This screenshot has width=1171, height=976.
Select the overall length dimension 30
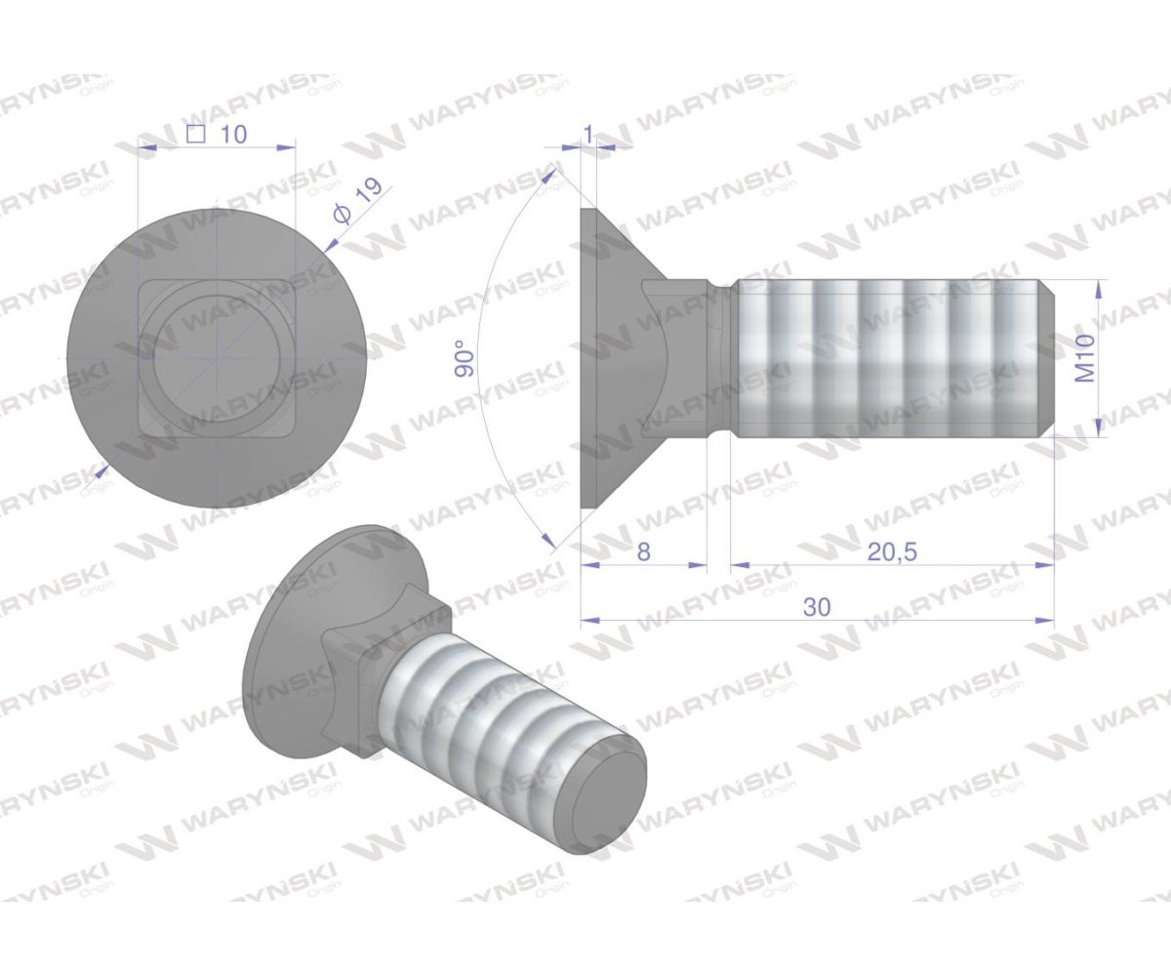[817, 606]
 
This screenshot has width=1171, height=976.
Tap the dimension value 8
[643, 551]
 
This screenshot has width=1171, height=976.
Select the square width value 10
[233, 135]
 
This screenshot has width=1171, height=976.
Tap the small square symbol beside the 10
[195, 135]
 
